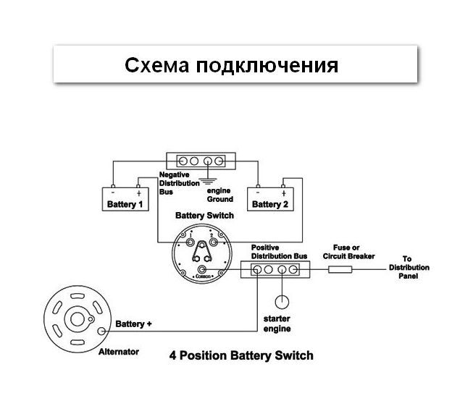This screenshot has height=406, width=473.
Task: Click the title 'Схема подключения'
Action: point(231,66)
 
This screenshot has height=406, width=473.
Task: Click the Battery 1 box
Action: point(124,200)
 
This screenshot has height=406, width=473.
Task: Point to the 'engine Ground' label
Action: point(219,195)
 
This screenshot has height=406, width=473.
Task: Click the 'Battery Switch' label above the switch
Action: point(205,216)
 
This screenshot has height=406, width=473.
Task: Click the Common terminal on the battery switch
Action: point(203,272)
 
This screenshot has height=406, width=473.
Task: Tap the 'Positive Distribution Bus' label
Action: point(279,251)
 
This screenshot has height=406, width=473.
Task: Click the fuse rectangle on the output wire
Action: point(340,270)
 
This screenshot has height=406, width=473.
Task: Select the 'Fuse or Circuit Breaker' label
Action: point(353,251)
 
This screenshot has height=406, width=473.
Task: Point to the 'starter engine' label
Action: point(277,324)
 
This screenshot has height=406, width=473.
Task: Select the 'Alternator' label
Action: point(118,352)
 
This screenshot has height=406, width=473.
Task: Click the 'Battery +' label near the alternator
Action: point(134,324)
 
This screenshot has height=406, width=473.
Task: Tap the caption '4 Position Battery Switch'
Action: point(241,355)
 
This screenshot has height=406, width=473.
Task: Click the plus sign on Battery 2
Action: point(284,193)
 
